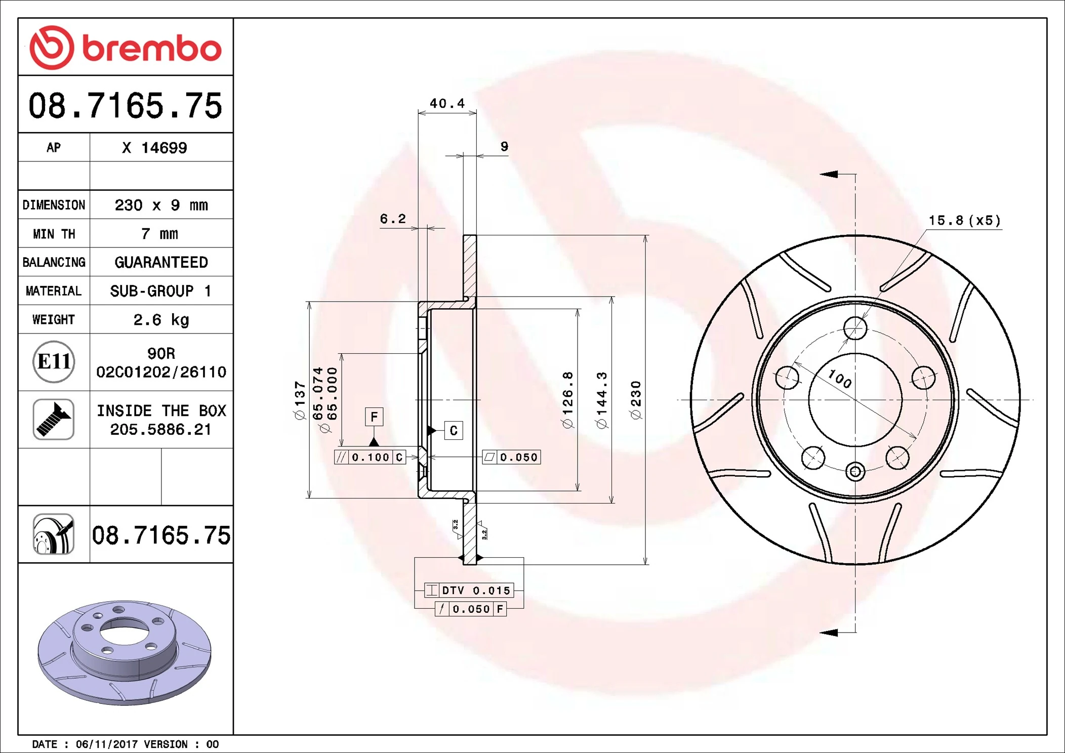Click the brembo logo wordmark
coord(151,48)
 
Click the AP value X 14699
coord(154,148)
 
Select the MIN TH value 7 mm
coord(160,234)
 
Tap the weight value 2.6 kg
coord(161,320)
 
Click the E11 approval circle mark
coord(54,361)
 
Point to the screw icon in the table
coord(54,419)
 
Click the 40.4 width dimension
coord(447,104)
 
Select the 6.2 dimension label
coord(393,219)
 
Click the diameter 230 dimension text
coord(636,400)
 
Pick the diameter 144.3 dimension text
coord(602,400)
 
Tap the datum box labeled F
coord(374,416)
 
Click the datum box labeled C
coord(453,431)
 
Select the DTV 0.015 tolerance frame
coord(469,590)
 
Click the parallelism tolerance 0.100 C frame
coord(370,457)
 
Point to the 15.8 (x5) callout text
coord(964,221)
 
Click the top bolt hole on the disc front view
coord(855,328)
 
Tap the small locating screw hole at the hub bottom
coord(855,472)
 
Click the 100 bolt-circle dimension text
coord(840,379)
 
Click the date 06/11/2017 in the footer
coord(106,744)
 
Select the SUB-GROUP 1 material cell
coord(161,291)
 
